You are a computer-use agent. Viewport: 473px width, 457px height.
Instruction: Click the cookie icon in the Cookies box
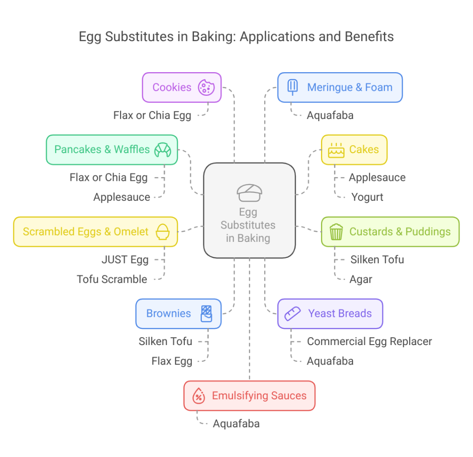click(206, 87)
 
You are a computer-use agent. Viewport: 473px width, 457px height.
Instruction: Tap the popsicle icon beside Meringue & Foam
click(292, 87)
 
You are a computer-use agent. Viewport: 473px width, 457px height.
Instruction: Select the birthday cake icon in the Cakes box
click(336, 150)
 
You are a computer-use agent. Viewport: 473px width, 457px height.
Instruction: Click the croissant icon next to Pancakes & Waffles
click(163, 150)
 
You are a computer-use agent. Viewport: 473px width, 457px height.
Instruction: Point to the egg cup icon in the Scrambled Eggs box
click(163, 232)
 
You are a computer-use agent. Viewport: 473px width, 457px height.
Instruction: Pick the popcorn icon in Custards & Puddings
click(336, 232)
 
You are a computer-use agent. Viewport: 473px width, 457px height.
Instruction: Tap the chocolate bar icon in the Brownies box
click(206, 314)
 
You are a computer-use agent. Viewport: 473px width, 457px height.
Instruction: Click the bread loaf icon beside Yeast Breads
click(292, 314)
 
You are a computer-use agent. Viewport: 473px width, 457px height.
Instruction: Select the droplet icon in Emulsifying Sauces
click(199, 395)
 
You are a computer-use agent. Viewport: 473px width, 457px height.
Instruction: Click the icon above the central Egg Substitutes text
click(249, 193)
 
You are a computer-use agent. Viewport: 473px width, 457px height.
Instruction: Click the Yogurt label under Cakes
click(367, 197)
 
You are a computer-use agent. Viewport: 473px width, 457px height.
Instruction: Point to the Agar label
click(361, 279)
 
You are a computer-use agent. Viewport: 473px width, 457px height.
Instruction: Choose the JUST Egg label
click(125, 260)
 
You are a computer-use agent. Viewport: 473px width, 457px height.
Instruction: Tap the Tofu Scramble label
click(112, 279)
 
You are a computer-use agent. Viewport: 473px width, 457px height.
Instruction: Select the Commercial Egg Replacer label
click(370, 342)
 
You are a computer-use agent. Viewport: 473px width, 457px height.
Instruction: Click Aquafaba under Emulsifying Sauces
click(236, 424)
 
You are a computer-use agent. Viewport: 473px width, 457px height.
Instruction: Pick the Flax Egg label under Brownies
click(172, 361)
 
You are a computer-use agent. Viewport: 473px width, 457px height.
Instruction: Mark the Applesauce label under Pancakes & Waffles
click(121, 197)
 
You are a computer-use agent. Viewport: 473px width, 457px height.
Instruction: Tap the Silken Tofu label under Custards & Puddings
click(377, 260)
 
